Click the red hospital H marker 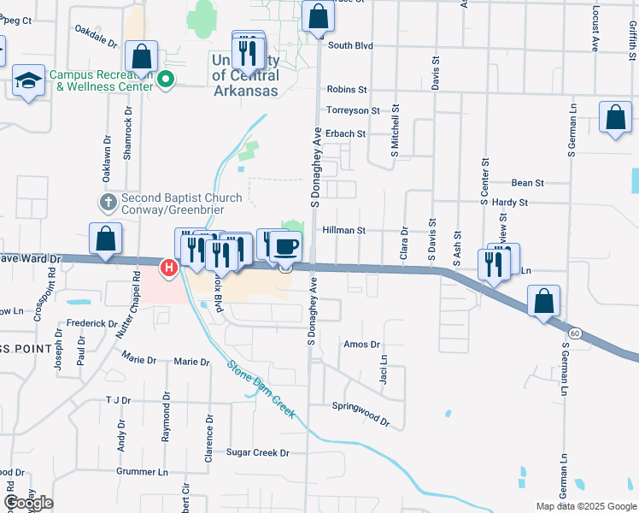pyautogui.click(x=169, y=268)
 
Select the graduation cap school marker pyautogui.click(x=29, y=81)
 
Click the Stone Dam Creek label pyautogui.click(x=261, y=390)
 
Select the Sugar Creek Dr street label pyautogui.click(x=258, y=452)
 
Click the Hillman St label pyautogui.click(x=344, y=231)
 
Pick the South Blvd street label pyautogui.click(x=350, y=45)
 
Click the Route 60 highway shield pyautogui.click(x=577, y=333)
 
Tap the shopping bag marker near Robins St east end pyautogui.click(x=615, y=118)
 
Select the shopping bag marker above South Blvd pyautogui.click(x=317, y=16)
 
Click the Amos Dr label pyautogui.click(x=361, y=344)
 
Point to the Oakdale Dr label pyautogui.click(x=96, y=34)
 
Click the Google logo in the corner pyautogui.click(x=28, y=503)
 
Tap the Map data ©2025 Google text pyautogui.click(x=586, y=506)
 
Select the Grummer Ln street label pyautogui.click(x=141, y=472)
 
